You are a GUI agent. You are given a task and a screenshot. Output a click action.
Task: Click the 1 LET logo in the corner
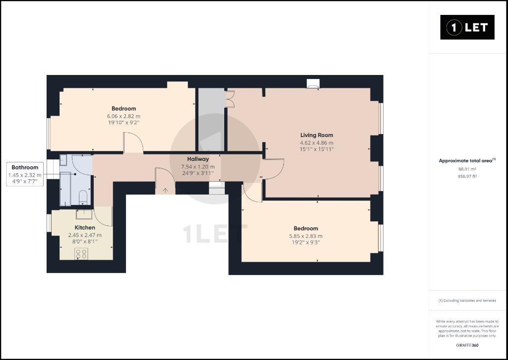tap(467, 27)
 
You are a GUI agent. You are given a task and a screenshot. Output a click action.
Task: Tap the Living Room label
tap(317, 135)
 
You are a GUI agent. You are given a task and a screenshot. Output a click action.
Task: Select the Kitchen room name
tap(85, 227)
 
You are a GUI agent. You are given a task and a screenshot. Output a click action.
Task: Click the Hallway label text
tap(198, 159)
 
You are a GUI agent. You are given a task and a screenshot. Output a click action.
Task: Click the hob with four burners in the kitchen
tap(81, 254)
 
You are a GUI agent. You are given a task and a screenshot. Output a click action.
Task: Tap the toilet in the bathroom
tap(83, 197)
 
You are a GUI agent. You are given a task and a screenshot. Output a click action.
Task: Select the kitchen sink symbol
tap(84, 214)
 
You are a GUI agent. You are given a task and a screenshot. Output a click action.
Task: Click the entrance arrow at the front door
tap(165, 190)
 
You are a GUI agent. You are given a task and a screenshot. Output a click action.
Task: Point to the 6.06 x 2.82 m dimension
tap(124, 116)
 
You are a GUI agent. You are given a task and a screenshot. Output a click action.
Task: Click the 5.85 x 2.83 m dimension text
tap(306, 236)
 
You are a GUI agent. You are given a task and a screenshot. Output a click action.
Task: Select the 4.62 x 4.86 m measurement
tap(317, 143)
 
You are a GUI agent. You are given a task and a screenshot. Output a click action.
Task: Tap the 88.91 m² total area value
tap(467, 169)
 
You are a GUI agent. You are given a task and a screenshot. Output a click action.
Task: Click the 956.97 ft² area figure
tap(467, 176)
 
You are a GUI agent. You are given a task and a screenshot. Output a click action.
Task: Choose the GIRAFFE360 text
tap(467, 346)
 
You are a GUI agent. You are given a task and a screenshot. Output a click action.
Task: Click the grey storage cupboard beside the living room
tap(211, 119)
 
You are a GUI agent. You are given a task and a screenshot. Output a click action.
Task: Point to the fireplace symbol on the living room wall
tap(313, 84)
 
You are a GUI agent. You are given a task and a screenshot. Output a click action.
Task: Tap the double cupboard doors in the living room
tap(230, 99)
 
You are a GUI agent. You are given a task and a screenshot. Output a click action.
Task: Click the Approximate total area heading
tap(467, 160)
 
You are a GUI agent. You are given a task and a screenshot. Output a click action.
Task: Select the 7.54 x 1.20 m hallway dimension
tap(198, 167)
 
